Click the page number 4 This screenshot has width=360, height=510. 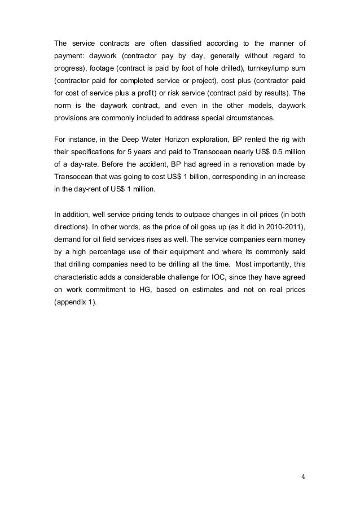303,476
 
